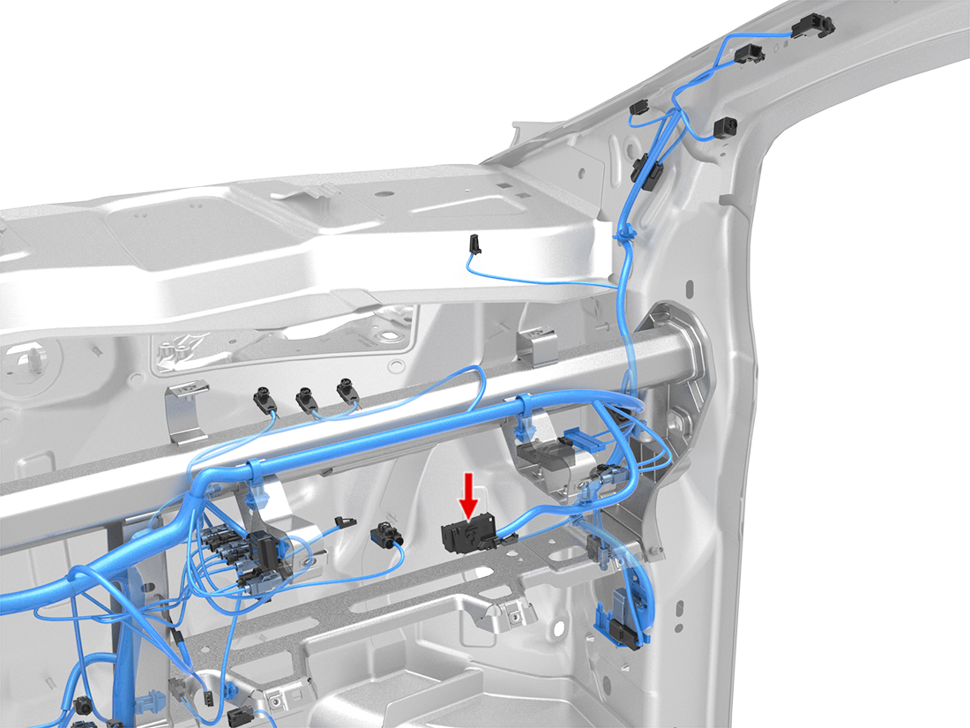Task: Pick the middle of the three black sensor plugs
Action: [x=307, y=398]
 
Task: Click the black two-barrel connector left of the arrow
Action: [x=384, y=534]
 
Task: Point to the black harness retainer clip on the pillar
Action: [x=645, y=169]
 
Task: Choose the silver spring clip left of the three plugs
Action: [x=187, y=412]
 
